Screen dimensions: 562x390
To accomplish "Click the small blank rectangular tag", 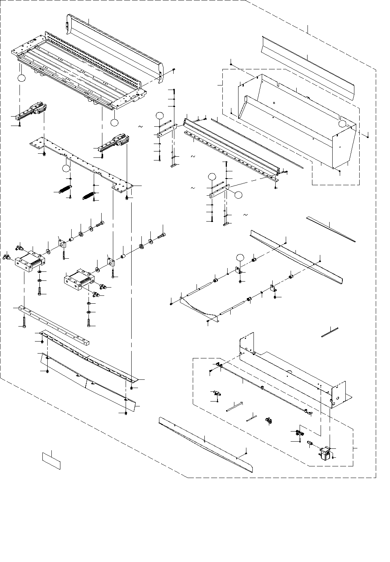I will (51, 460).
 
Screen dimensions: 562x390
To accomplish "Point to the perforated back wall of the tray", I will (94, 56).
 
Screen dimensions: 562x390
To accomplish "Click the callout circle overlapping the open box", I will (342, 124).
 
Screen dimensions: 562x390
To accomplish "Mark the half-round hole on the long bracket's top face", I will (289, 372).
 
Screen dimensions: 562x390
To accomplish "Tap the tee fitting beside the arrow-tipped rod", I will (216, 393).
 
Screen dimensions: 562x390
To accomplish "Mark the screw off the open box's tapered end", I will (368, 136).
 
